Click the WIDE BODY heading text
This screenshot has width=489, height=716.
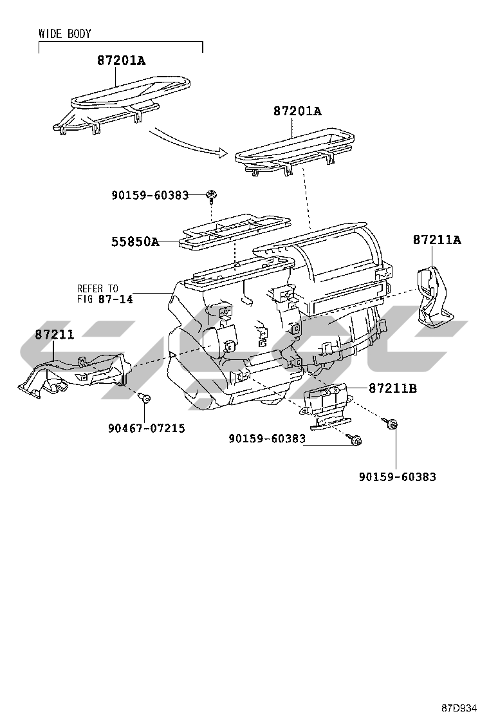pyautogui.click(x=65, y=33)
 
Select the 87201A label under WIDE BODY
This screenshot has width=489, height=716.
pyautogui.click(x=122, y=61)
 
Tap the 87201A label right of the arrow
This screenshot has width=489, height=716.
pyautogui.click(x=297, y=111)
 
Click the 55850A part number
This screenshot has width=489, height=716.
pyautogui.click(x=136, y=241)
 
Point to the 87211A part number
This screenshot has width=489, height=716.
pyautogui.click(x=437, y=240)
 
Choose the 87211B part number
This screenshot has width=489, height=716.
pyautogui.click(x=392, y=388)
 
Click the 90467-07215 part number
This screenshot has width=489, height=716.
pyautogui.click(x=147, y=428)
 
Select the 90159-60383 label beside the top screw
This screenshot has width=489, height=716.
pyautogui.click(x=150, y=196)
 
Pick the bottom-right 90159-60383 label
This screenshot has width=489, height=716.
pyautogui.click(x=398, y=476)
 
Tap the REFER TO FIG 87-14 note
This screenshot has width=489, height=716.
pyautogui.click(x=105, y=294)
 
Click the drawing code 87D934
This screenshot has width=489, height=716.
pyautogui.click(x=459, y=708)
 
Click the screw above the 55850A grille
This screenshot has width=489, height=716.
pyautogui.click(x=212, y=195)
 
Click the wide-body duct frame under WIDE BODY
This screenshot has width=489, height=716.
pyautogui.click(x=122, y=105)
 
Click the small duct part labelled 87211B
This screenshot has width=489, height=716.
pyautogui.click(x=328, y=405)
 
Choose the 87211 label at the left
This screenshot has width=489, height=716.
pyautogui.click(x=54, y=334)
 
